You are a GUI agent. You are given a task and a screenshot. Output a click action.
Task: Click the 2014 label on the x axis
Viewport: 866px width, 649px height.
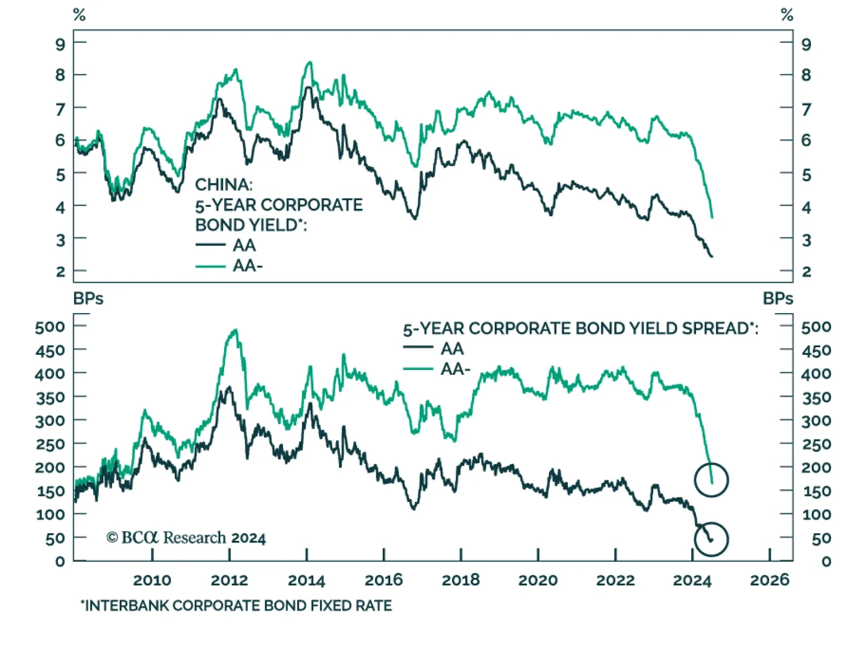click(306, 580)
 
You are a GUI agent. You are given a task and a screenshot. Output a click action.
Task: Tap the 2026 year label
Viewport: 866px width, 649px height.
click(769, 580)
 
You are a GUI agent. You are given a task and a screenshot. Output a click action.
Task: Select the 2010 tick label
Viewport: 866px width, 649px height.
click(152, 580)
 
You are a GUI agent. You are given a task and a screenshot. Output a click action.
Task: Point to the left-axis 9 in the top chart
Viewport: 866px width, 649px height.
click(60, 44)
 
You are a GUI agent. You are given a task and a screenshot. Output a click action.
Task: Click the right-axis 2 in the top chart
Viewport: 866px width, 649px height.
click(806, 271)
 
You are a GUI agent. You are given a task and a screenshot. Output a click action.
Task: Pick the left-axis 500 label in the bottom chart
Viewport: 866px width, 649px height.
click(50, 327)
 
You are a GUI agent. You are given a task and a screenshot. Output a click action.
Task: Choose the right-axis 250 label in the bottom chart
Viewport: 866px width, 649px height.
click(816, 444)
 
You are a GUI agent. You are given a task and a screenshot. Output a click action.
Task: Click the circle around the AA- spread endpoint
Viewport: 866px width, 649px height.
click(711, 480)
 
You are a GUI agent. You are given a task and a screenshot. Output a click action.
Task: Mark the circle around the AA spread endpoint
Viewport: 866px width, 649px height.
click(711, 539)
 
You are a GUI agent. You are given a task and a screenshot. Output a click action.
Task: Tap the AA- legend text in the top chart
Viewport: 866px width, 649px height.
click(247, 266)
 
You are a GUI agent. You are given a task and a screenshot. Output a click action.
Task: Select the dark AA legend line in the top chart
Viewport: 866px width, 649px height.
click(211, 245)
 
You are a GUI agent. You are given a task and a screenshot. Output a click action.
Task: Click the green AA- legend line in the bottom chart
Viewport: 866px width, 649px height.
click(418, 369)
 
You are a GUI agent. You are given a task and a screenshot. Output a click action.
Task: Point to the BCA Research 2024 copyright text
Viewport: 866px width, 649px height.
click(186, 538)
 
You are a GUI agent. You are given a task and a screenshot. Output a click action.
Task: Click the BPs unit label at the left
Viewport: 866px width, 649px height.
click(88, 299)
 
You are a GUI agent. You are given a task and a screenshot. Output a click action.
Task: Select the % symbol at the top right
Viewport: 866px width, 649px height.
click(787, 15)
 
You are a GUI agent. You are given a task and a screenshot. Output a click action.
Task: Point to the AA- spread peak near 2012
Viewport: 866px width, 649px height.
click(235, 330)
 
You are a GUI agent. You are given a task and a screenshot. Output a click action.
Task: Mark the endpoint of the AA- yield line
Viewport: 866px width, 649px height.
click(712, 217)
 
